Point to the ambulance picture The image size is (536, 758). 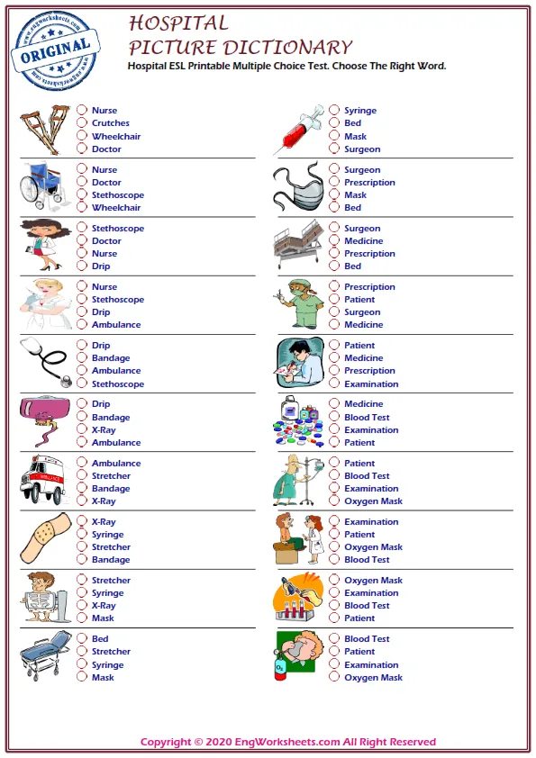pos(42,482)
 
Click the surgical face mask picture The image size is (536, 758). pos(298,187)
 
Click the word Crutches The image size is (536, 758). pos(110,123)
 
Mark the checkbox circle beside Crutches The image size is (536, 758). pos(82,123)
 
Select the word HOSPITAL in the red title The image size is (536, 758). pos(178,23)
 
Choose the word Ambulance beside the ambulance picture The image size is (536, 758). pos(116,464)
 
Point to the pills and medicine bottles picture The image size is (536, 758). pos(297,421)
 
